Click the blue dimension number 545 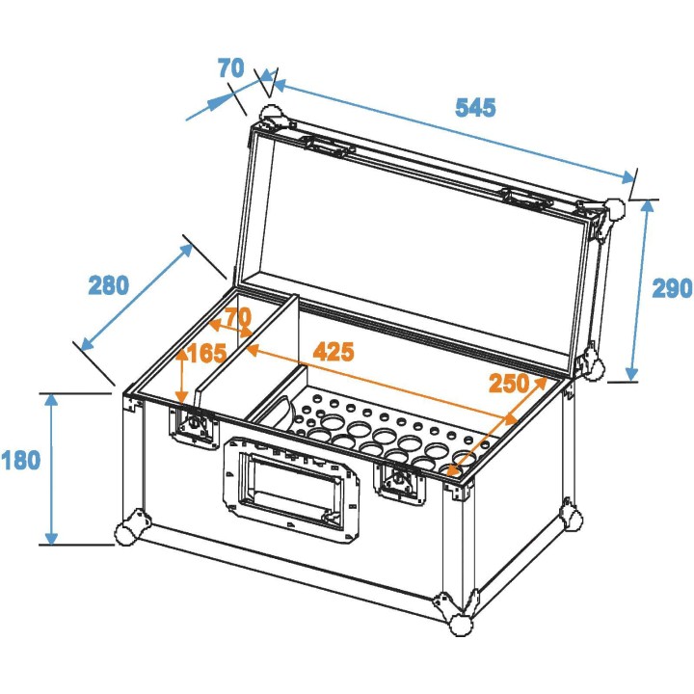pos(475,107)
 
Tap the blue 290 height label pos(672,288)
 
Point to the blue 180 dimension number pos(20,461)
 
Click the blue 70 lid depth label pos(230,68)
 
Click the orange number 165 pos(206,354)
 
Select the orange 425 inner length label pos(332,351)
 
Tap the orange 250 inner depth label pos(509,383)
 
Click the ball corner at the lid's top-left pos(271,117)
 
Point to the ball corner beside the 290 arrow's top pos(612,212)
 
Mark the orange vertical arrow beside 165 pos(181,376)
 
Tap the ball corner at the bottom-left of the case pos(131,528)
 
